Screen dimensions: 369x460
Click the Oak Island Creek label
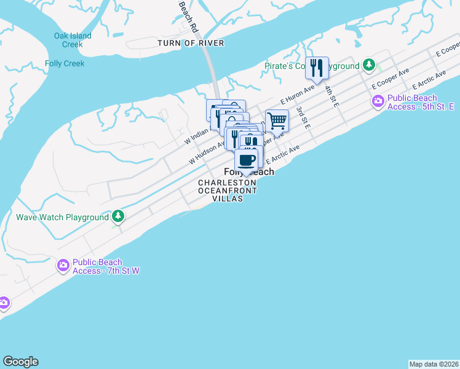[73, 40]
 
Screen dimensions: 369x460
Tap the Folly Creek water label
[65, 63]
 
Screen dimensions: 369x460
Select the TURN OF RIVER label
[191, 43]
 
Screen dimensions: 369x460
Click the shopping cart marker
[277, 121]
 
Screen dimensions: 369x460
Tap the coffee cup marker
[247, 161]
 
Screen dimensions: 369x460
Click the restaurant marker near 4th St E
[317, 68]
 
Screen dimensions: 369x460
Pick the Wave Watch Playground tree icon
[118, 216]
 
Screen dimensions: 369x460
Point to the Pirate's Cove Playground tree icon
[368, 65]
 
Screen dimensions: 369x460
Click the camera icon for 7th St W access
[63, 266]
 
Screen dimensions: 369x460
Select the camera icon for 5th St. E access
[378, 101]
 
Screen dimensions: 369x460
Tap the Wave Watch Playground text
[62, 218]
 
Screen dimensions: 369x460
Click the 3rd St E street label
[303, 117]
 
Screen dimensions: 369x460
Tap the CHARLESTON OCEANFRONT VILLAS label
[227, 191]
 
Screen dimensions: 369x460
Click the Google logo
[20, 362]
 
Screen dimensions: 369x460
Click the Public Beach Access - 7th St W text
[106, 266]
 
